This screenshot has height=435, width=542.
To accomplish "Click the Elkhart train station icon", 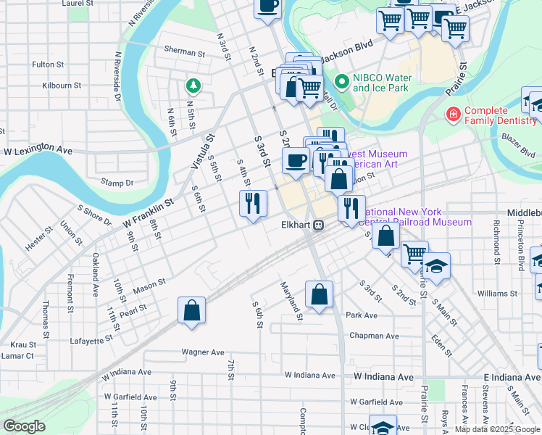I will [x=318, y=225].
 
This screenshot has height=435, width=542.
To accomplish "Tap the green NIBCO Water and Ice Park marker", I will [x=342, y=83].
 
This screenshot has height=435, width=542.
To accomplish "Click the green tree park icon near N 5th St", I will [x=193, y=86].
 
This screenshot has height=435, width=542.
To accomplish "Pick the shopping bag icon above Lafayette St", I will [x=191, y=311].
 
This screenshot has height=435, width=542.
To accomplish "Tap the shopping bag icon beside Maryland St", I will [x=319, y=295].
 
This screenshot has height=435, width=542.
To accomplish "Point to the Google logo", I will [x=24, y=426].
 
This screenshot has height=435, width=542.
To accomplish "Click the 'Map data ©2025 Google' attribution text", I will [x=497, y=429].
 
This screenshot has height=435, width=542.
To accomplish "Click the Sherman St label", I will [x=185, y=52].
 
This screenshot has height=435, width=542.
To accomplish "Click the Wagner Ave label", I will [x=203, y=352].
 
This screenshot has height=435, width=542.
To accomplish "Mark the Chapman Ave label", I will [x=374, y=336].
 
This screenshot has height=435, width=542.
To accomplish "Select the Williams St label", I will [x=497, y=294].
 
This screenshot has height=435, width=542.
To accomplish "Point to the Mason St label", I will [x=149, y=286].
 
